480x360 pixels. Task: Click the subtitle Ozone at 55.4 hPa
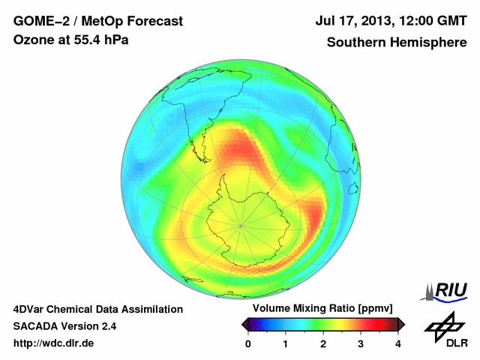(x=70, y=40)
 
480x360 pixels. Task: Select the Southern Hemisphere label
(x=397, y=43)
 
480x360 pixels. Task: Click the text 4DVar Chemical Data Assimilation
(x=97, y=309)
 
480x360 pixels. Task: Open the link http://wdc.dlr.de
(x=54, y=343)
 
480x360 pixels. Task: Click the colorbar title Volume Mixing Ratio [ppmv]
(x=318, y=308)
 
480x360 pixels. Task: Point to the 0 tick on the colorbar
(x=248, y=343)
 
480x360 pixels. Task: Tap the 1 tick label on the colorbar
(x=286, y=343)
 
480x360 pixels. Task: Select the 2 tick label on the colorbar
(x=323, y=343)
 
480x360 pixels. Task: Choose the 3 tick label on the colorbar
(x=361, y=343)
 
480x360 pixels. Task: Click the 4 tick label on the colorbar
(x=398, y=343)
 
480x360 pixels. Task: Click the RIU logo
(x=448, y=290)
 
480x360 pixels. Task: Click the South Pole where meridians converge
(x=241, y=224)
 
